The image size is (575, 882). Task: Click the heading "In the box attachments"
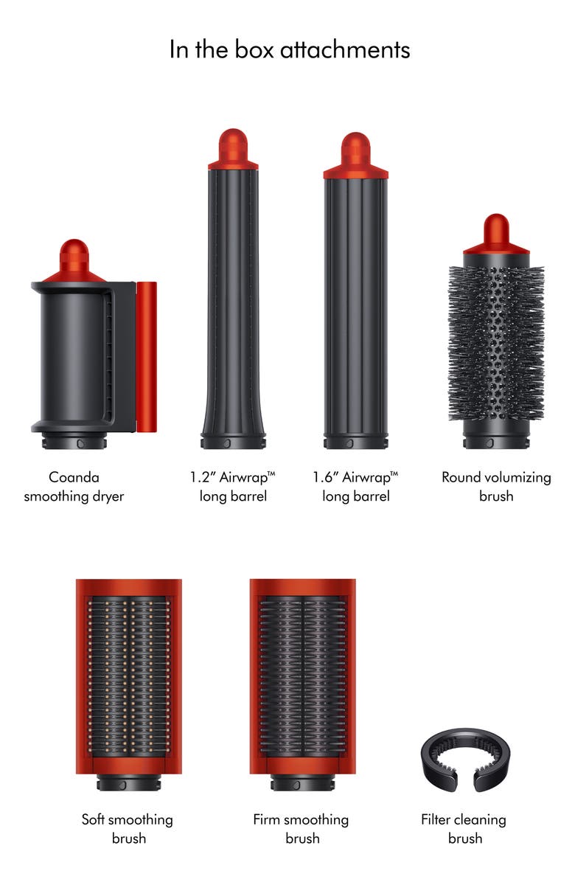[x=290, y=49]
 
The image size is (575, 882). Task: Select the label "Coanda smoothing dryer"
[x=74, y=487]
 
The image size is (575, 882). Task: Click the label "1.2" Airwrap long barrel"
[x=233, y=487]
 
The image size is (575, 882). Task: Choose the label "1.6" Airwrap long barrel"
[x=355, y=487]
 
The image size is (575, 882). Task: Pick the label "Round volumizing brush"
[x=496, y=487]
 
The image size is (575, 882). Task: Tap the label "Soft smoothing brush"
[x=128, y=828]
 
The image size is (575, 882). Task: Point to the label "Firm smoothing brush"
[x=301, y=828]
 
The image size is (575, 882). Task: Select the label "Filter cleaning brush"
[x=464, y=828]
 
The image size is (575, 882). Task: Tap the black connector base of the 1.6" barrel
[x=355, y=442]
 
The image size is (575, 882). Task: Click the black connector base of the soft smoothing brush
[x=129, y=782]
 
